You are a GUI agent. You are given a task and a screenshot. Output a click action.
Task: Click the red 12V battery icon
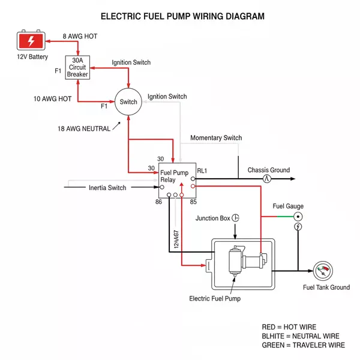pyautogui.click(x=29, y=41)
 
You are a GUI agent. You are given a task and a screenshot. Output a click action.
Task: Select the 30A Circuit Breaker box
pyautogui.click(x=77, y=68)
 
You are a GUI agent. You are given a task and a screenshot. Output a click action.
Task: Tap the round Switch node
pyautogui.click(x=128, y=102)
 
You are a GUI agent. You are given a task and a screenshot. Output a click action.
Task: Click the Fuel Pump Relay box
pyautogui.click(x=177, y=179)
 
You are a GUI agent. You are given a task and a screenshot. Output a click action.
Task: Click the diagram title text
pyautogui.click(x=182, y=16)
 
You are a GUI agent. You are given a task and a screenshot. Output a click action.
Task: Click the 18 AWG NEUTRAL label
pyautogui.click(x=84, y=129)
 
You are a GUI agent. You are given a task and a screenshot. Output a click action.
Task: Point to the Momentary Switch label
pyautogui.click(x=216, y=138)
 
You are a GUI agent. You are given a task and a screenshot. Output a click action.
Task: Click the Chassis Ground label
pyautogui.click(x=268, y=170)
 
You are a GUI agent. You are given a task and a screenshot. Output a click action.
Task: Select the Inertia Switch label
pyautogui.click(x=107, y=188)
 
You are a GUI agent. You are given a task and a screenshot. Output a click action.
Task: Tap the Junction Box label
pyautogui.click(x=213, y=218)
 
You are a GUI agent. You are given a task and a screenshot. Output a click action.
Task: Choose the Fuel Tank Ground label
pyautogui.click(x=326, y=287)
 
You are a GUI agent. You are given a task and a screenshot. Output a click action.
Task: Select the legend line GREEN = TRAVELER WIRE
pyautogui.click(x=303, y=345)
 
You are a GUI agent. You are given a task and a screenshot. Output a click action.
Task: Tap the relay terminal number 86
pyautogui.click(x=158, y=202)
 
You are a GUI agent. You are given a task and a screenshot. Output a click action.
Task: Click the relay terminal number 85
pyautogui.click(x=193, y=202)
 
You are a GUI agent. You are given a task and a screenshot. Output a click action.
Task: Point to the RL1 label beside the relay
pyautogui.click(x=202, y=171)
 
